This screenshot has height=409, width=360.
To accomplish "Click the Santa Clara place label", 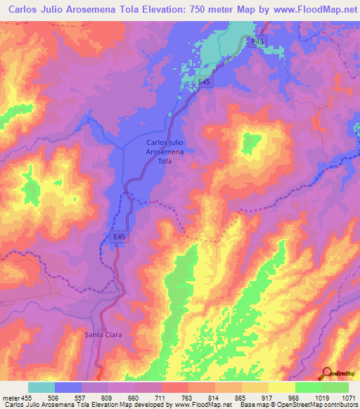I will [x=104, y=335].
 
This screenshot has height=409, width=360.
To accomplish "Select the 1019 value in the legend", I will [x=318, y=397].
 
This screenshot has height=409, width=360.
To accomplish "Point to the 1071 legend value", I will [x=349, y=397].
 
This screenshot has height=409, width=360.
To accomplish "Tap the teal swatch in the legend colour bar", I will [x=41, y=387].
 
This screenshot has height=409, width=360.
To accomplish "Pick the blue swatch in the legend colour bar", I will [x=68, y=387].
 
